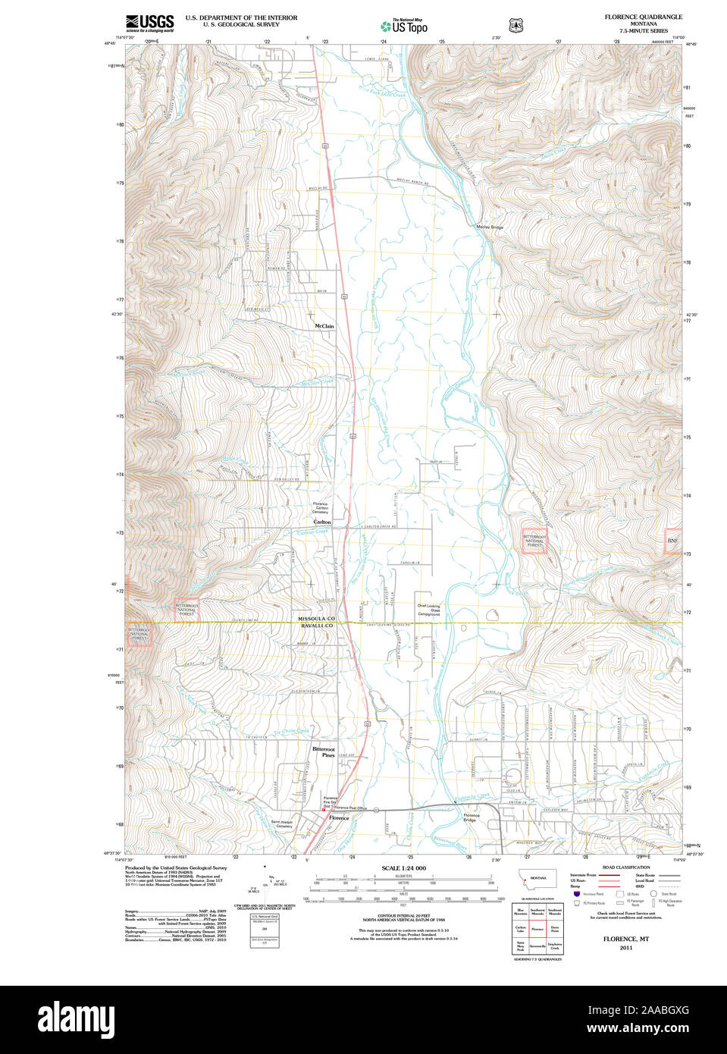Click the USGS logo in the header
(x=149, y=22)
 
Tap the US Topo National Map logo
(x=403, y=26)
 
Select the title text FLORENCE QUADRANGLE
(x=643, y=17)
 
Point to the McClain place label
(x=324, y=326)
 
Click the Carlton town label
(x=322, y=522)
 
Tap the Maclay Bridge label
(x=489, y=227)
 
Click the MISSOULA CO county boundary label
(x=315, y=620)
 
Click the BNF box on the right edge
(x=672, y=541)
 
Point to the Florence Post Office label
(x=350, y=808)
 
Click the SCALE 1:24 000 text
(x=403, y=868)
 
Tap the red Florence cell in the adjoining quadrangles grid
(x=537, y=927)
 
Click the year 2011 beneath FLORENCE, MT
(x=625, y=948)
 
